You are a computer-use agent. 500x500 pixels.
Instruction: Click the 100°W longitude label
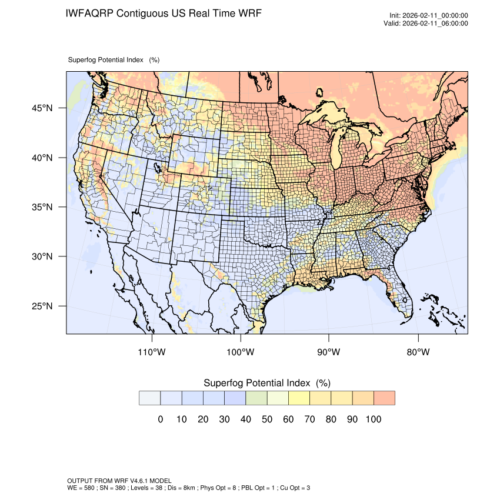pos(241,352)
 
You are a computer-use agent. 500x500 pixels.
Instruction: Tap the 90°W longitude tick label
pos(329,352)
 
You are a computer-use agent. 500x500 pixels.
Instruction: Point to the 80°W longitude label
pos(418,352)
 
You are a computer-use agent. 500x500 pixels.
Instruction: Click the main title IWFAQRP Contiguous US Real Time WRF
pos(164,14)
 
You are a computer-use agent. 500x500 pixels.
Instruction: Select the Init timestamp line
pos(429,16)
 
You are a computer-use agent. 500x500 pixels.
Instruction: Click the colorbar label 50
pos(267,419)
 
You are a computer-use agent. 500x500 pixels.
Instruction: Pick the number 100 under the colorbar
pos(373,419)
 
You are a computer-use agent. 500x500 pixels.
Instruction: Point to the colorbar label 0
pos(160,419)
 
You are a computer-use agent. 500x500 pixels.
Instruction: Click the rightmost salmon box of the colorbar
pos(384,398)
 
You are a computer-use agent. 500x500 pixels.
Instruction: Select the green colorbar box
pos(256,398)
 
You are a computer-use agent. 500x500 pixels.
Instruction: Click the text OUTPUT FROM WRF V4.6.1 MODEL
pos(119,481)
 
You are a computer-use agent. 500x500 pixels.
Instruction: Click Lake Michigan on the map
pos(336,151)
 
